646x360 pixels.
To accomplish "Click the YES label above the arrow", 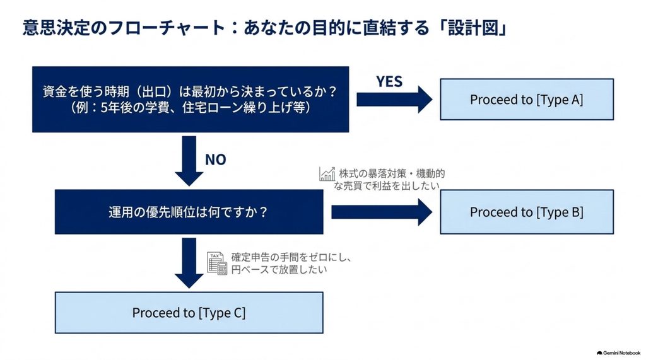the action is (389, 81).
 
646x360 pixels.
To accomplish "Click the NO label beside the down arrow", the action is (216, 160).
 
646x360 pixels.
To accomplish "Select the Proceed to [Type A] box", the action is (527, 99).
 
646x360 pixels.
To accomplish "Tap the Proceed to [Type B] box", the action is (527, 212).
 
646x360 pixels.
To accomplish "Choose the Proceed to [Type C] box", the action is (189, 313).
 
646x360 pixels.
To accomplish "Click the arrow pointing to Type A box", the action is (394, 99).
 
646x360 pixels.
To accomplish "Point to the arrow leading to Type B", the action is (382, 212).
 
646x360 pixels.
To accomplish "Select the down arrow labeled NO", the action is (189, 161).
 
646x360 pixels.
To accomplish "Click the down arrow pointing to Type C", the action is (189, 263).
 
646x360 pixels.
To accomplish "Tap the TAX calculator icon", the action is (217, 263).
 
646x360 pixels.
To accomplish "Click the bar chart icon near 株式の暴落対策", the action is (327, 174).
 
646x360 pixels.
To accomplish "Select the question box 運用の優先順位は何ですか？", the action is (189, 212).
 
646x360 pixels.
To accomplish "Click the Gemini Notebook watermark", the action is (618, 353).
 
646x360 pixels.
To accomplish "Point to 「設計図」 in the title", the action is (473, 28).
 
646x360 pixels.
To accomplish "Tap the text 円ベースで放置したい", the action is (279, 270).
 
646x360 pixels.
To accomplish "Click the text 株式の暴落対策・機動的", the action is (392, 173).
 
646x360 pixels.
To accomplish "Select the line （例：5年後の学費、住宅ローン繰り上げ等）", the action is (191, 108).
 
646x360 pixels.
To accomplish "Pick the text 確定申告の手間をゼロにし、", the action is (291, 257).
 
